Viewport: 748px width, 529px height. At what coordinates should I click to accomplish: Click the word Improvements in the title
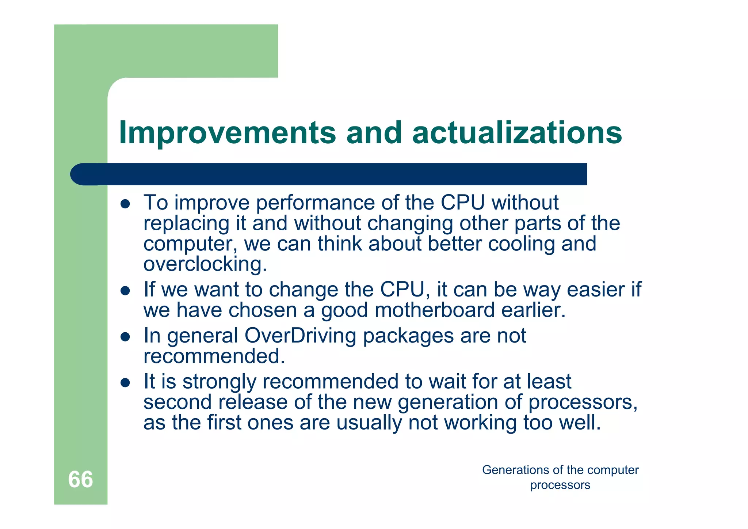227,133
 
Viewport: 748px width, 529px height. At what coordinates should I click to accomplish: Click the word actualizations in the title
517,133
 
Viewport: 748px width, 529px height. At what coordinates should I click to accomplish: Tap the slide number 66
80,479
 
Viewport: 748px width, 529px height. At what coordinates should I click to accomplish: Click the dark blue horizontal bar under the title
329,174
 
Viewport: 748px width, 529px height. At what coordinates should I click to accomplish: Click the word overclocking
205,264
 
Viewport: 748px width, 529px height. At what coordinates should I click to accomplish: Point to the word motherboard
434,310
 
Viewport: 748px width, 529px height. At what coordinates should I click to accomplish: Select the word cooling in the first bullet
521,244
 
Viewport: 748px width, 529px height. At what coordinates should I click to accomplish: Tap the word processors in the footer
560,485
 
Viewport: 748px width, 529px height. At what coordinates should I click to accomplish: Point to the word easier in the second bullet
596,290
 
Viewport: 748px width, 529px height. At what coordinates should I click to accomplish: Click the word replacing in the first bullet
186,224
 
